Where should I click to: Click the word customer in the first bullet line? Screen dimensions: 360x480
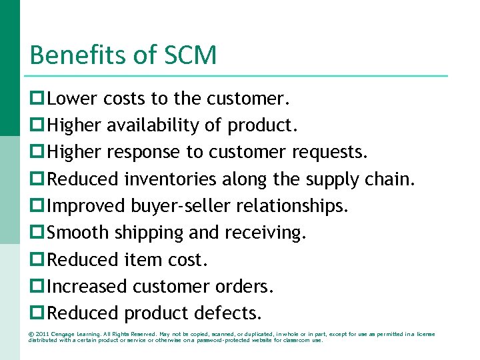click(247, 99)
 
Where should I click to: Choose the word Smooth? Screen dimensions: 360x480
click(79, 233)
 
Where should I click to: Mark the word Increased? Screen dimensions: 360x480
click(88, 286)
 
